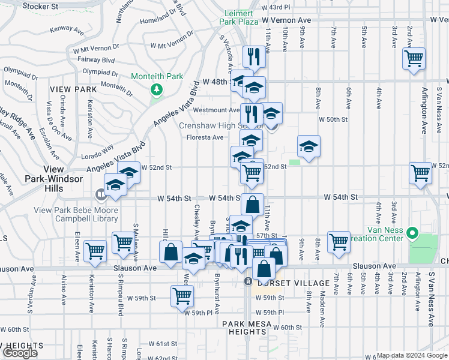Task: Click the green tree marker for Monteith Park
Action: [157, 89]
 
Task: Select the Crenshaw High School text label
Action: [220, 125]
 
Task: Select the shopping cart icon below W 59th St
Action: [182, 295]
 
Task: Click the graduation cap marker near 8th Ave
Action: [309, 146]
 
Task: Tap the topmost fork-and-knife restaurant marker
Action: [253, 56]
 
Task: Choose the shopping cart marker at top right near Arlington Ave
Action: [414, 59]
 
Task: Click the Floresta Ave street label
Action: [204, 137]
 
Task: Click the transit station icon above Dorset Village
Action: [247, 281]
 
